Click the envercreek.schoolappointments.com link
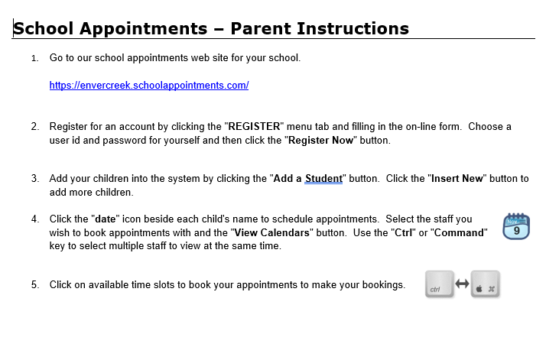(x=149, y=86)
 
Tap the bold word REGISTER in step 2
(x=255, y=126)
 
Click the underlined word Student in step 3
(x=323, y=179)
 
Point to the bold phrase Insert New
(x=457, y=179)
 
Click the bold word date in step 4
(x=106, y=219)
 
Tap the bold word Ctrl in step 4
(x=402, y=232)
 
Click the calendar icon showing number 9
(x=516, y=226)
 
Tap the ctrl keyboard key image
(x=439, y=284)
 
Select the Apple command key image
(x=486, y=284)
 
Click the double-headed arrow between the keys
(x=462, y=284)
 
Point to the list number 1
(x=34, y=58)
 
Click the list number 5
(x=34, y=285)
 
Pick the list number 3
(x=34, y=179)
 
